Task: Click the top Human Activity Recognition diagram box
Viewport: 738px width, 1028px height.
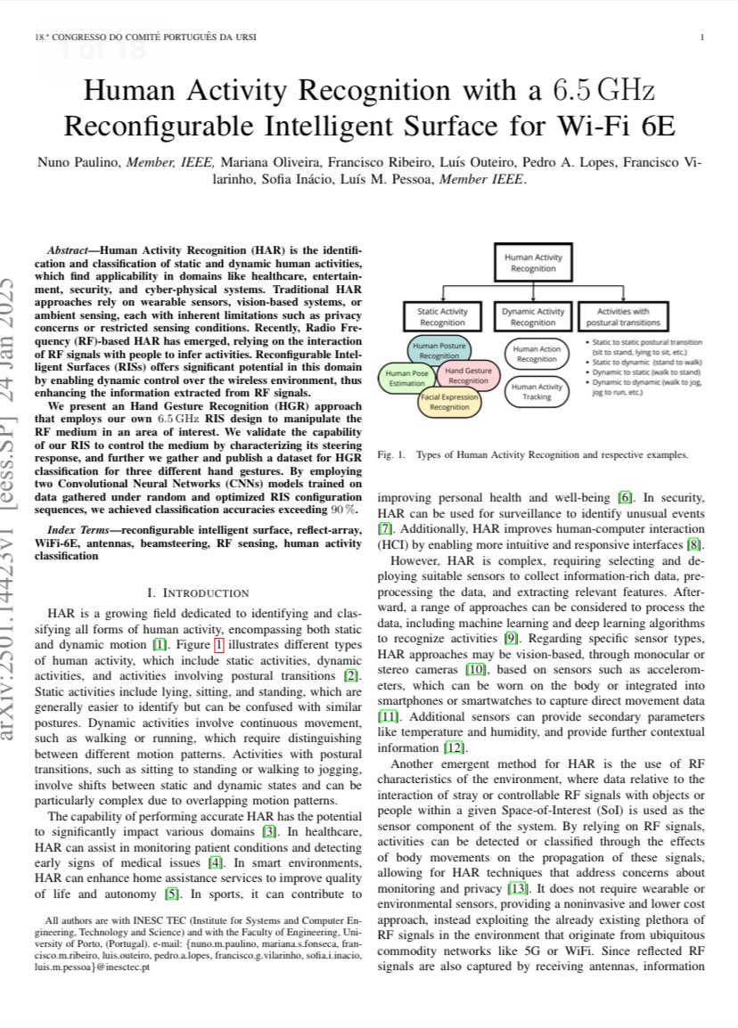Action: [x=532, y=263]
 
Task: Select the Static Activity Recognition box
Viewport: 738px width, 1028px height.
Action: [x=442, y=317]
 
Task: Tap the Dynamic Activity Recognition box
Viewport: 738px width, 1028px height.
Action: [x=532, y=317]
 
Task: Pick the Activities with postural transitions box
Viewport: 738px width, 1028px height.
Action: [x=624, y=317]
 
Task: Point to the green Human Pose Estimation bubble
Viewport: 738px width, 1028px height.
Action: [x=407, y=378]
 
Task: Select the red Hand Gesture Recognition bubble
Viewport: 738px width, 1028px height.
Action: [x=468, y=375]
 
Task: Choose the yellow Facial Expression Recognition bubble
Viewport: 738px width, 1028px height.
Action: [x=449, y=402]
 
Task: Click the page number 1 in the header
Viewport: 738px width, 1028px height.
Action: [x=703, y=37]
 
